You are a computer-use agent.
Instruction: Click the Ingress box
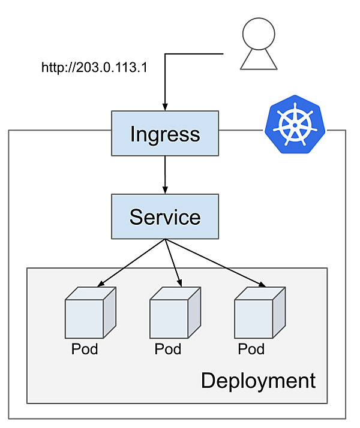(x=165, y=133)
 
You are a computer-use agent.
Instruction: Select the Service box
(x=165, y=216)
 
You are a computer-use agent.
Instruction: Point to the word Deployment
(x=258, y=381)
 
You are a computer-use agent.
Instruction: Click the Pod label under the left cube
(x=85, y=349)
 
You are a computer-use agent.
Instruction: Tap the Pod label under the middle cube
(x=168, y=349)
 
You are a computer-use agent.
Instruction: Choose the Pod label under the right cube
(x=251, y=349)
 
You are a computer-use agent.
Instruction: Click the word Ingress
(x=165, y=134)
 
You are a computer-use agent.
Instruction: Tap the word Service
(x=165, y=217)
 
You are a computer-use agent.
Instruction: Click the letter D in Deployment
(x=208, y=381)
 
